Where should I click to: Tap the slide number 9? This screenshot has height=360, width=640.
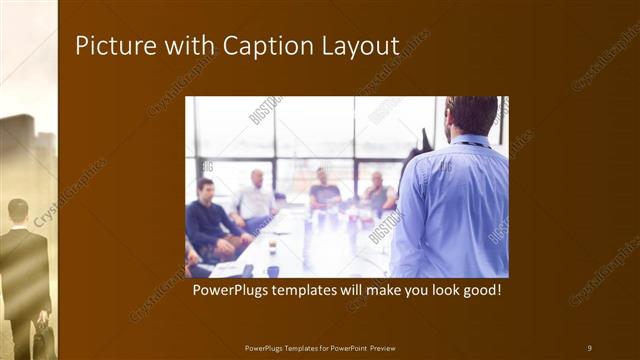(589, 347)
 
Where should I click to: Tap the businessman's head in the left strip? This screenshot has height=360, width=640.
(18, 211)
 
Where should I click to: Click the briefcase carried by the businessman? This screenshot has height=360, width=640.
(43, 340)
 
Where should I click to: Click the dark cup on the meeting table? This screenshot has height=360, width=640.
(273, 270)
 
